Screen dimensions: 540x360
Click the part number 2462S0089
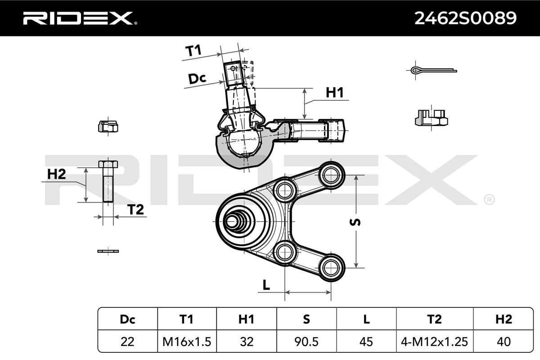pyautogui.click(x=465, y=18)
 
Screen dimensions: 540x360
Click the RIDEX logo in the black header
pyautogui.click(x=80, y=18)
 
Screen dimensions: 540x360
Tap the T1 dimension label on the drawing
pyautogui.click(x=193, y=51)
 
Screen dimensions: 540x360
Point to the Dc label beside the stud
pyautogui.click(x=197, y=78)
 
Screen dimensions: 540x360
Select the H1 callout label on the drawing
pyautogui.click(x=335, y=93)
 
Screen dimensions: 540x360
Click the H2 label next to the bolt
pyautogui.click(x=56, y=174)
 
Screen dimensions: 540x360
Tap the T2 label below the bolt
pyautogui.click(x=135, y=209)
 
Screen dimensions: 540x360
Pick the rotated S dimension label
pyautogui.click(x=355, y=222)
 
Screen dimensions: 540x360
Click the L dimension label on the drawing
pyautogui.click(x=266, y=285)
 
